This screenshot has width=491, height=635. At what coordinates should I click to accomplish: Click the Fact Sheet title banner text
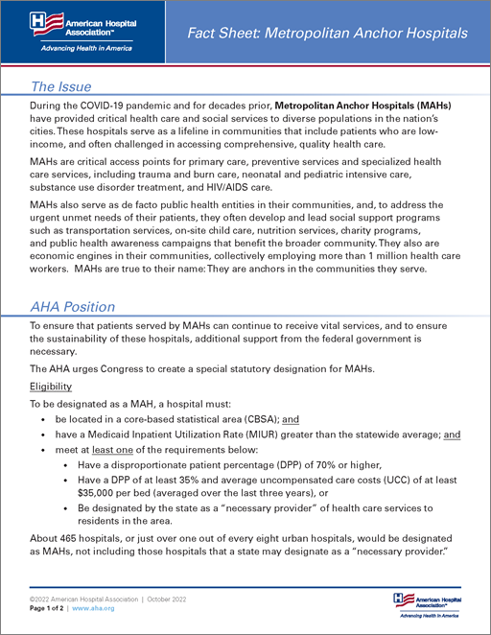click(329, 33)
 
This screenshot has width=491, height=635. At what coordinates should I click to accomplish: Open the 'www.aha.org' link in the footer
click(94, 608)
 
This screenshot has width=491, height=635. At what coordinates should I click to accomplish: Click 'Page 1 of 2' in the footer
click(46, 608)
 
